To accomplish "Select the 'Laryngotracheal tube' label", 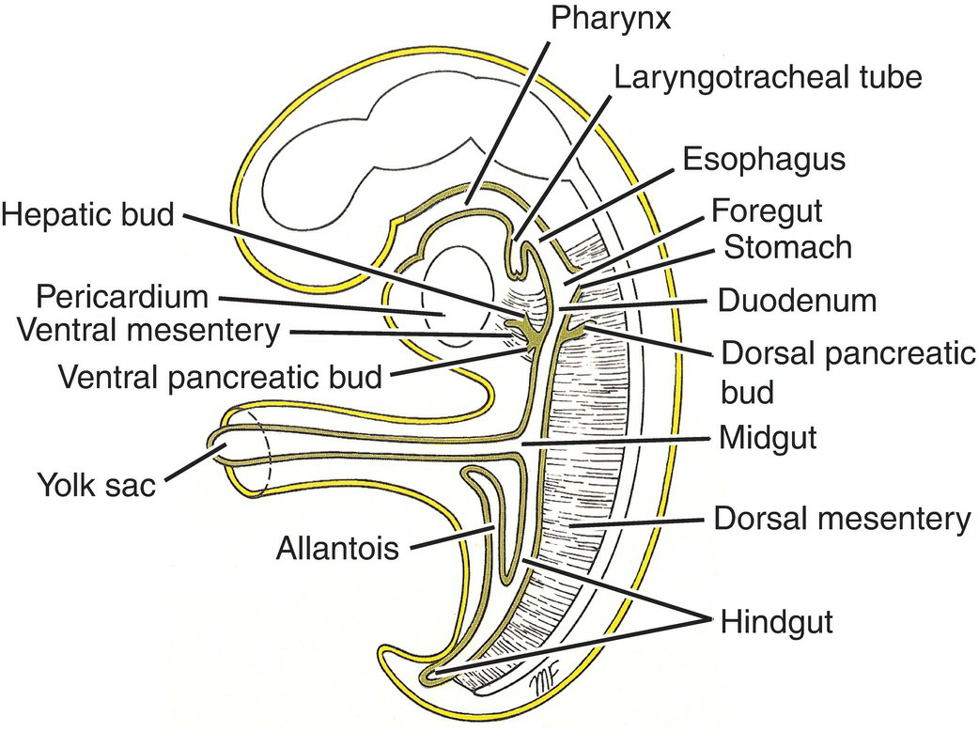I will pyautogui.click(x=766, y=77).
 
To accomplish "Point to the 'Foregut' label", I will pyautogui.click(x=779, y=208).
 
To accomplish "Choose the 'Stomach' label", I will pyautogui.click(x=788, y=247).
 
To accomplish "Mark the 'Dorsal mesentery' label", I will pyautogui.click(x=841, y=518).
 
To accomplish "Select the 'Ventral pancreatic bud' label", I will pyautogui.click(x=220, y=377).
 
